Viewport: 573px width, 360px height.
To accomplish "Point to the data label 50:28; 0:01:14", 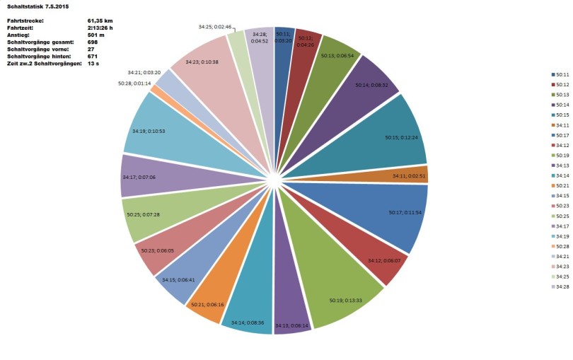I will pos(133,83).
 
